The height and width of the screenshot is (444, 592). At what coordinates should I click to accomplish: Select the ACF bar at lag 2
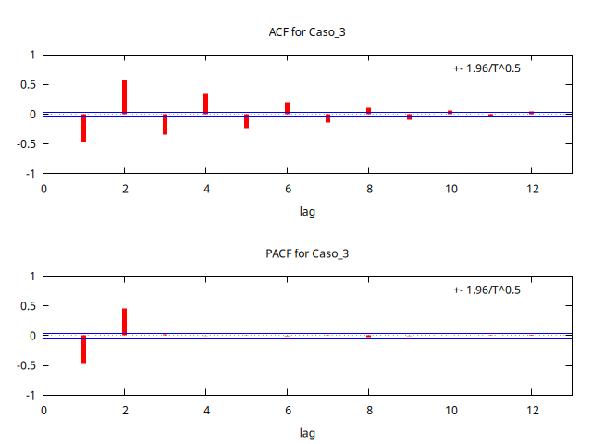[x=124, y=97]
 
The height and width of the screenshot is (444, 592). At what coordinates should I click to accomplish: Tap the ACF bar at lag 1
[x=83, y=128]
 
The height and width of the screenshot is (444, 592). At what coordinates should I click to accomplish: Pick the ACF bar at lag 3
[x=165, y=124]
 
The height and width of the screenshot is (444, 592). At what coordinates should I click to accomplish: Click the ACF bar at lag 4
[x=205, y=104]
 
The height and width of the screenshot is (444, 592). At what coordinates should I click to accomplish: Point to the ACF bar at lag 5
[x=246, y=121]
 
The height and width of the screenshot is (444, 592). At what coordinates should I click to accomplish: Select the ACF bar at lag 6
[x=287, y=108]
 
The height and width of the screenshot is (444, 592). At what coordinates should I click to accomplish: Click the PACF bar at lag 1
[x=83, y=349]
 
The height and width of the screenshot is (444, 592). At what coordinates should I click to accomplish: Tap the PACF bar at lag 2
[x=124, y=321]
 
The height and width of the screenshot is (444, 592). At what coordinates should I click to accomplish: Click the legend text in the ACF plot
[x=487, y=68]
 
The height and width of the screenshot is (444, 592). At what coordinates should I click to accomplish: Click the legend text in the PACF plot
[x=487, y=290]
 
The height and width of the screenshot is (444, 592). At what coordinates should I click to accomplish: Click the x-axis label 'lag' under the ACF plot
[x=307, y=212]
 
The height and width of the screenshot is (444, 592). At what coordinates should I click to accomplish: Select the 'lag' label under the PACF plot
[x=307, y=433]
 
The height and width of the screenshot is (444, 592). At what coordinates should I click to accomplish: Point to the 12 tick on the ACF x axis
[x=531, y=189]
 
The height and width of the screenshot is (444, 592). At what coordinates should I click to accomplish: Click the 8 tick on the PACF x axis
[x=368, y=410]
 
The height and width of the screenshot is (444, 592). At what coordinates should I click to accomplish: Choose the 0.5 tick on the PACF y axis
[x=27, y=306]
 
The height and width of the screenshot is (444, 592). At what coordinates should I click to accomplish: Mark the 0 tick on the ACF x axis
[x=43, y=189]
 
